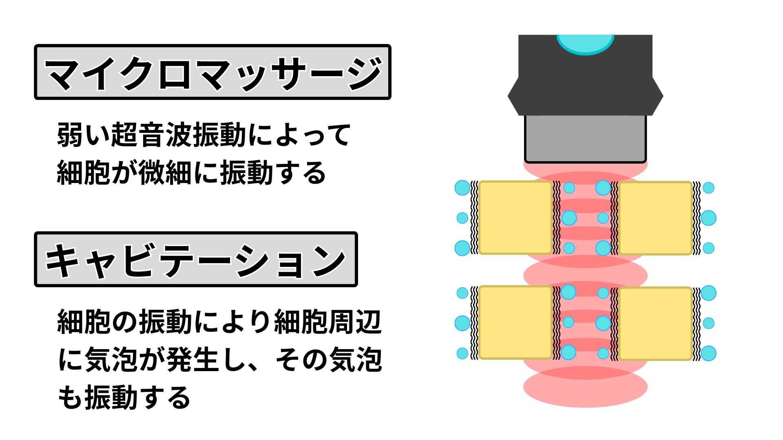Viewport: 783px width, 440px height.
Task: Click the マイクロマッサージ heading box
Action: coord(212,72)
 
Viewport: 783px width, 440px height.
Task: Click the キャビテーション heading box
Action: coord(196,260)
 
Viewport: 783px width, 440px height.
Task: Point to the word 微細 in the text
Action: coord(165,173)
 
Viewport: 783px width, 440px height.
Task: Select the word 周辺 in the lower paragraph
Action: coord(355,322)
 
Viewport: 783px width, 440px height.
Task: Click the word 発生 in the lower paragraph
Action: coord(193,360)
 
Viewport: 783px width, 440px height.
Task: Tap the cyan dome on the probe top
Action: coord(585,43)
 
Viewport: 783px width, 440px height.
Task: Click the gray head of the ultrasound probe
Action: coord(585,139)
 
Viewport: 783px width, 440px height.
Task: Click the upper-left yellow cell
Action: coord(515,218)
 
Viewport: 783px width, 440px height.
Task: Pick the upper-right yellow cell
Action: coord(656,218)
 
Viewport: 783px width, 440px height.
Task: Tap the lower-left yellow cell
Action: coord(515,323)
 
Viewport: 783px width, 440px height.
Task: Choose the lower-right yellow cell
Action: coord(656,323)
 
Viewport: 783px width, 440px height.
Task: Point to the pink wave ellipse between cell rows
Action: coord(585,275)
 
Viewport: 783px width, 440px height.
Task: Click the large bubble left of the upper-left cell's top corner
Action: coord(462,188)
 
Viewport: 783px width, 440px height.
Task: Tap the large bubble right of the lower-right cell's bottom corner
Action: coord(708,353)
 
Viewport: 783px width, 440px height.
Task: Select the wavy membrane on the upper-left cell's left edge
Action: coord(474,218)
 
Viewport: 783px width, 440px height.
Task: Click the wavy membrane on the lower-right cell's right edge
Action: coord(697,323)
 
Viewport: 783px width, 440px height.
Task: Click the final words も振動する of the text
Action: coord(124,398)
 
